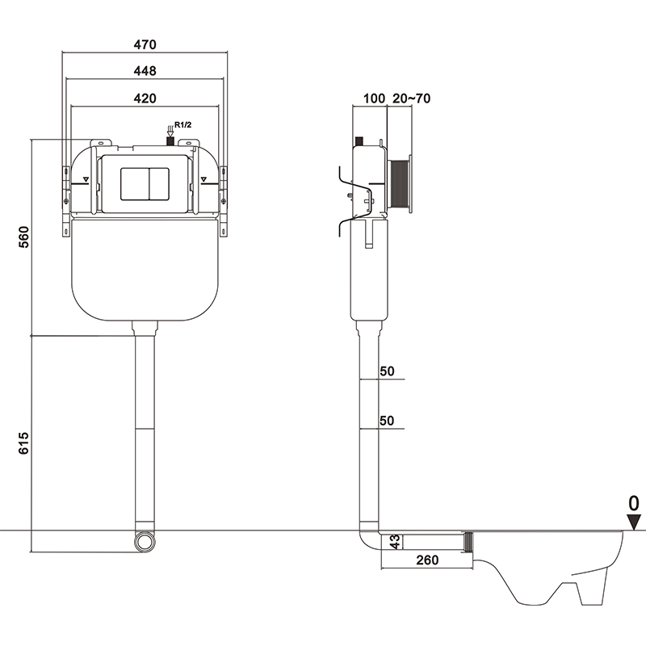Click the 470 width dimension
coord(145,44)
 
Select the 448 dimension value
coord(145,71)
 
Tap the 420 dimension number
coord(145,98)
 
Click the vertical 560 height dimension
coord(23,238)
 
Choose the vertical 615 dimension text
coord(23,445)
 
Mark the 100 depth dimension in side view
coord(374,99)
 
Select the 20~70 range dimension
coord(411,99)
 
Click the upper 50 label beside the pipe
coord(386,371)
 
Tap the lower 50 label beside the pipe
coord(386,421)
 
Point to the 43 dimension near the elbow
coord(395,543)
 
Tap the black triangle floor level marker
coord(636,522)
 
